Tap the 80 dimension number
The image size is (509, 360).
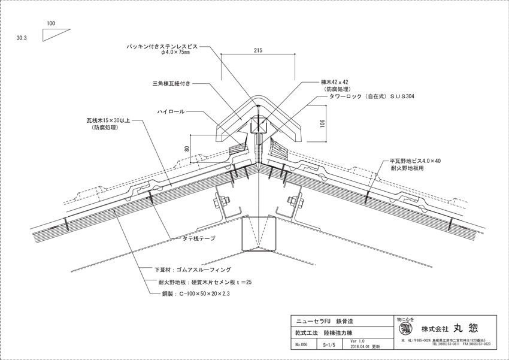[x=187, y=149]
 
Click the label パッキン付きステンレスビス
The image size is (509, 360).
[x=165, y=46]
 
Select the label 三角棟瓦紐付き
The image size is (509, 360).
[x=171, y=84]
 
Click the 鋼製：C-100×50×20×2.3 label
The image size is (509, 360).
[x=195, y=295]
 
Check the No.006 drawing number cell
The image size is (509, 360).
[x=301, y=344]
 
